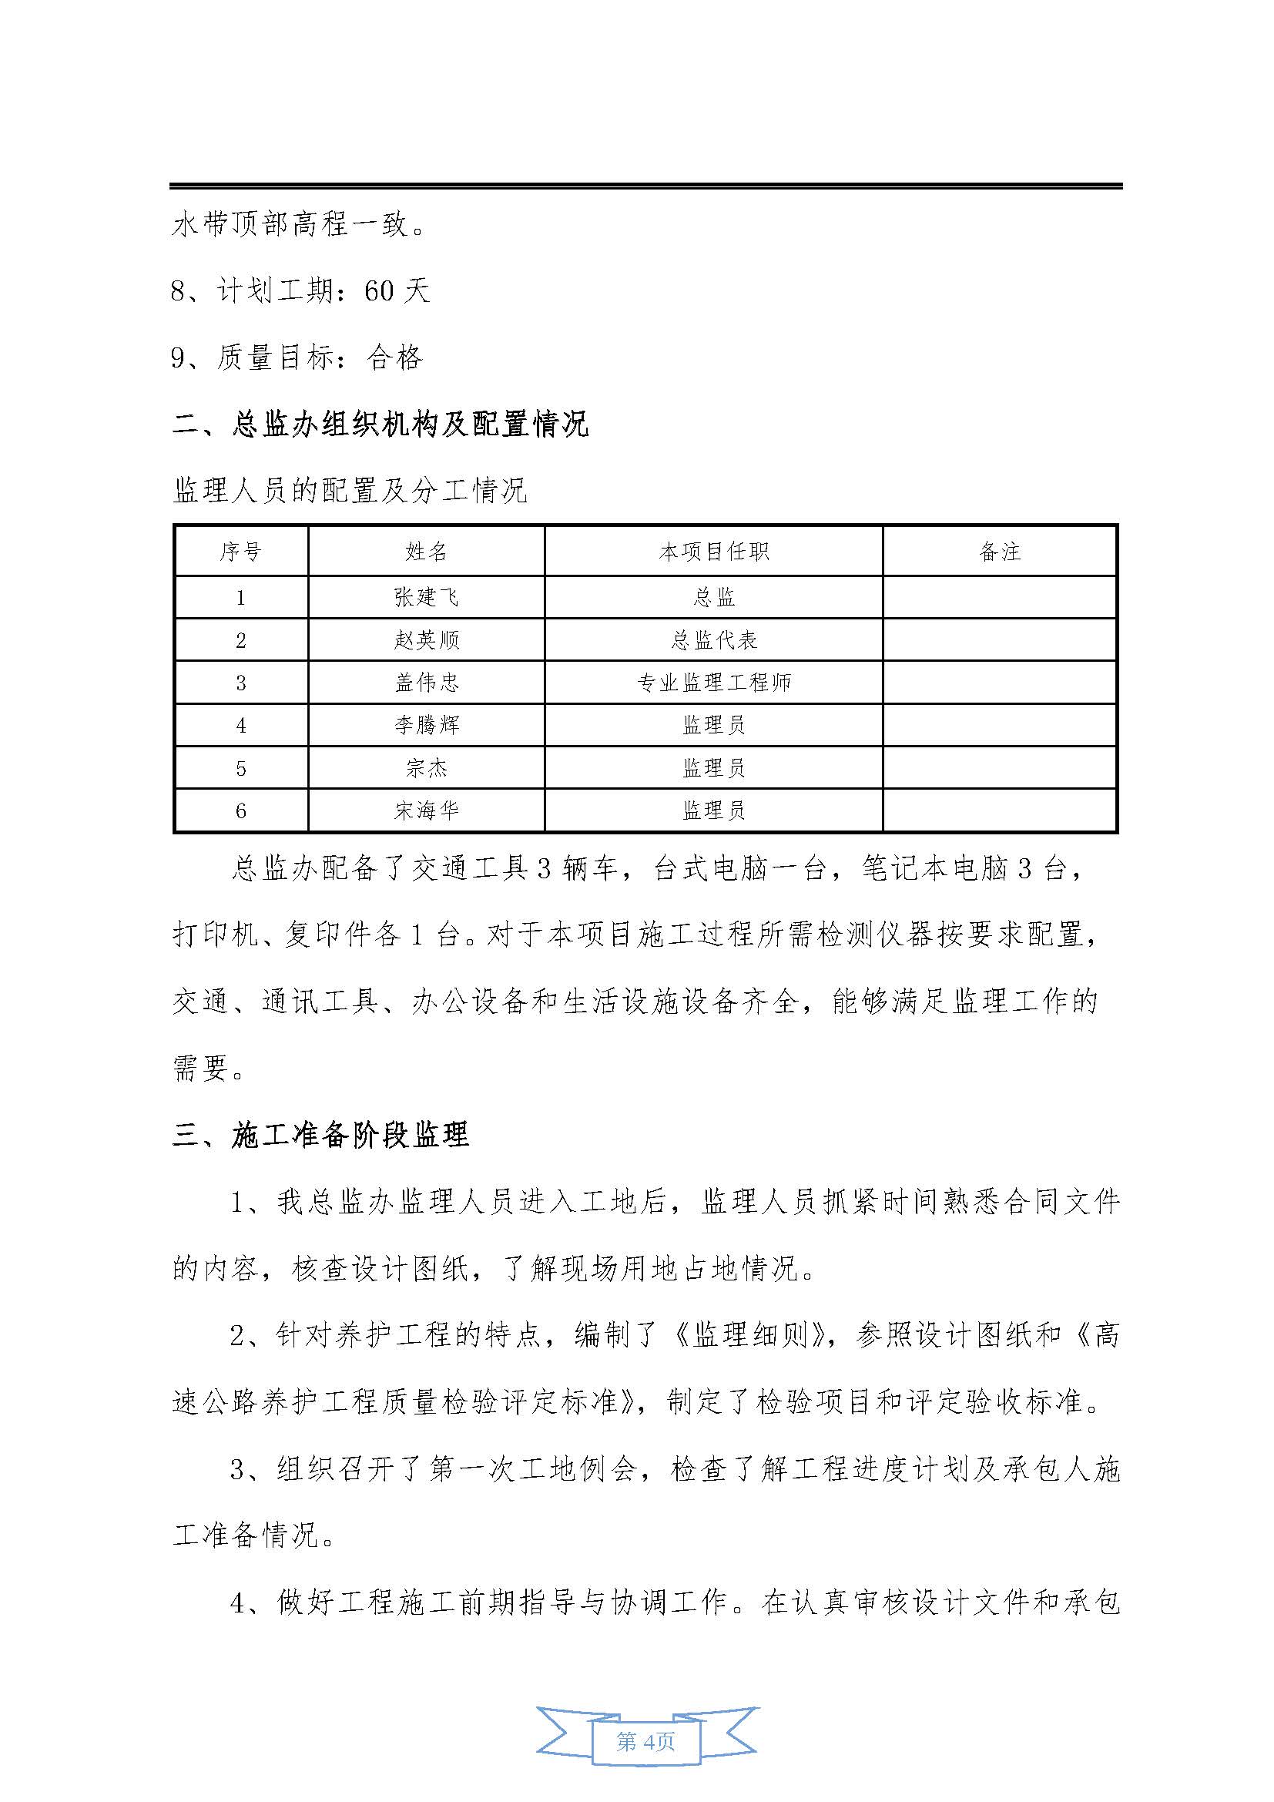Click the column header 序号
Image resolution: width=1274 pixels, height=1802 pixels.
pyautogui.click(x=241, y=552)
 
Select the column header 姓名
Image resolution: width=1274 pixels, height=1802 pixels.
pyautogui.click(x=426, y=552)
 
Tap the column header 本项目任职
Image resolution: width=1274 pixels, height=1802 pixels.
pyautogui.click(x=713, y=552)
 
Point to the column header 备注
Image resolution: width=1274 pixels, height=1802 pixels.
pyautogui.click(x=1000, y=552)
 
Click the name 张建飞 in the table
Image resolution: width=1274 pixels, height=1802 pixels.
pyautogui.click(x=426, y=598)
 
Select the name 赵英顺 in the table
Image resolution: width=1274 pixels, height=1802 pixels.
pyautogui.click(x=426, y=640)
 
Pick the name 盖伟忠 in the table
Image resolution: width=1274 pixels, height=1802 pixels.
pyautogui.click(x=426, y=683)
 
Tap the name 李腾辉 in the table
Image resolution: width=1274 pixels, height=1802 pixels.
pyautogui.click(x=426, y=725)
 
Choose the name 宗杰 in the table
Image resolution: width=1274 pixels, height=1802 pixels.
pyautogui.click(x=426, y=767)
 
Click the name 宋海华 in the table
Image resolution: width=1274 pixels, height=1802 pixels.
pyautogui.click(x=426, y=810)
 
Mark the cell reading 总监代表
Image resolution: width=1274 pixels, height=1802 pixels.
pyautogui.click(x=713, y=640)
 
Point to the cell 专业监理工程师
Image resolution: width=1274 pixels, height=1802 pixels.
pyautogui.click(x=713, y=683)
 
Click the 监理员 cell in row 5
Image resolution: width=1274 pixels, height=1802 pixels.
pyautogui.click(x=713, y=767)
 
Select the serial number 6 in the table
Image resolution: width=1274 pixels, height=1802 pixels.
pyautogui.click(x=241, y=810)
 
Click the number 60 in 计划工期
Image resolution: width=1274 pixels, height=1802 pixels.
pyautogui.click(x=379, y=292)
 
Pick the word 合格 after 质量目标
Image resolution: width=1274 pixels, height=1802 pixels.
pyautogui.click(x=394, y=359)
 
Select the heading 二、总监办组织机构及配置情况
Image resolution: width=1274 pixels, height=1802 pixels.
pyautogui.click(x=380, y=424)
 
